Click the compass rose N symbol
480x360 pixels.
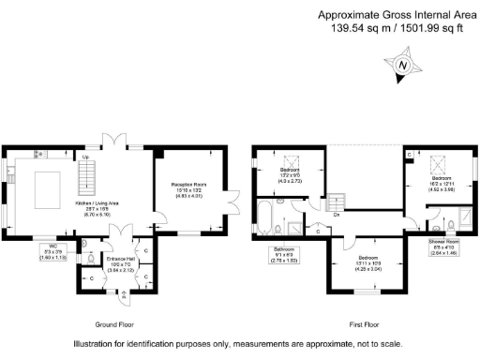click(x=403, y=66)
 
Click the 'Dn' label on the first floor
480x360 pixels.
click(x=336, y=214)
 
